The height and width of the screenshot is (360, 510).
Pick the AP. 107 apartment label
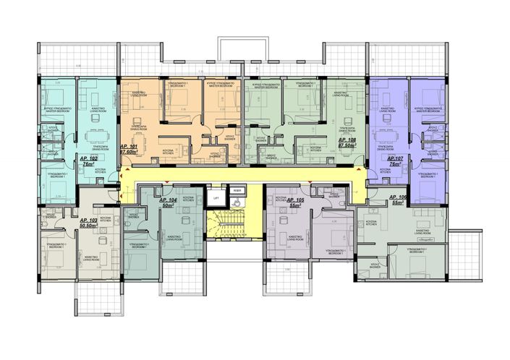pos(394,158)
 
